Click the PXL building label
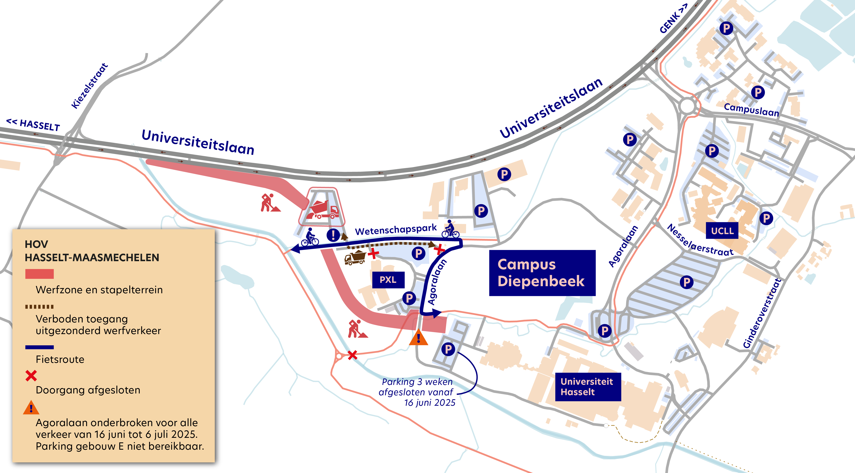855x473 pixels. point(388,280)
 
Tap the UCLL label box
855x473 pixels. point(722,231)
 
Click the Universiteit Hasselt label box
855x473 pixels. point(587,387)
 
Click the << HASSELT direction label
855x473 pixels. point(33,125)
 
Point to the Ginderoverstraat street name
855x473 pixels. point(762,313)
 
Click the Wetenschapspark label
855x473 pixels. point(396,229)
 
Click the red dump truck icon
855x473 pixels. point(322,210)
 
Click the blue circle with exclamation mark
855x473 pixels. point(333,235)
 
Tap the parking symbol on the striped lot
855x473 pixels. point(686,282)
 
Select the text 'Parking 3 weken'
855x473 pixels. point(417,382)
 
